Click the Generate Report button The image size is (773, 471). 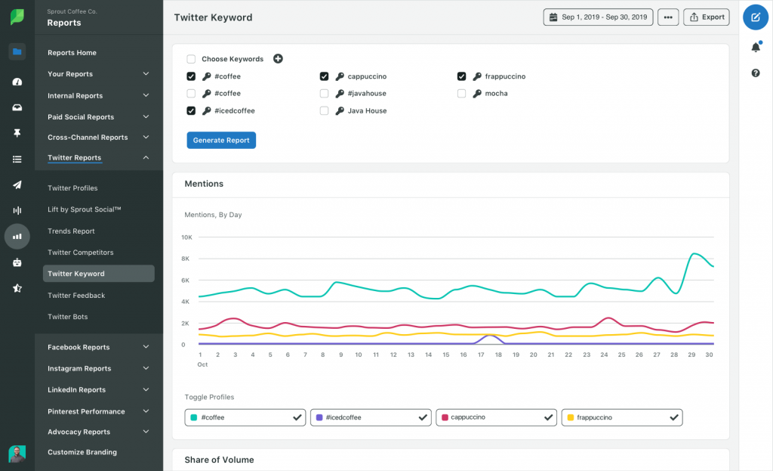pos(221,140)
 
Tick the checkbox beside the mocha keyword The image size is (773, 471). pos(461,94)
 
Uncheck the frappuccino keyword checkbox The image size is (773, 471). pos(461,76)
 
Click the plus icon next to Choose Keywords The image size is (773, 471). pos(278,59)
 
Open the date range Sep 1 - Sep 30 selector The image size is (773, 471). pos(598,17)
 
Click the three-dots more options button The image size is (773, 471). pos(667,17)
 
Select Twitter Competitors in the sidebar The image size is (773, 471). pos(80,253)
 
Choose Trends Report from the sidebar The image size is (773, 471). pos(71,231)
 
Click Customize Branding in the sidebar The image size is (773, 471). pos(82,452)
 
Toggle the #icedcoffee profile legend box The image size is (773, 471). pos(370,417)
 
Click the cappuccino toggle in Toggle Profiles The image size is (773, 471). pos(496,417)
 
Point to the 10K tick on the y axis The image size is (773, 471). pos(187,237)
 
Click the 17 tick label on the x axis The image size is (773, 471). pos(480,355)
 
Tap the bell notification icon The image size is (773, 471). pos(756,48)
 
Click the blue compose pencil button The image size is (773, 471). pos(756,17)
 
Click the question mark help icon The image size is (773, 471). pos(756,73)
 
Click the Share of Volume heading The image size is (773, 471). pos(219,460)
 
